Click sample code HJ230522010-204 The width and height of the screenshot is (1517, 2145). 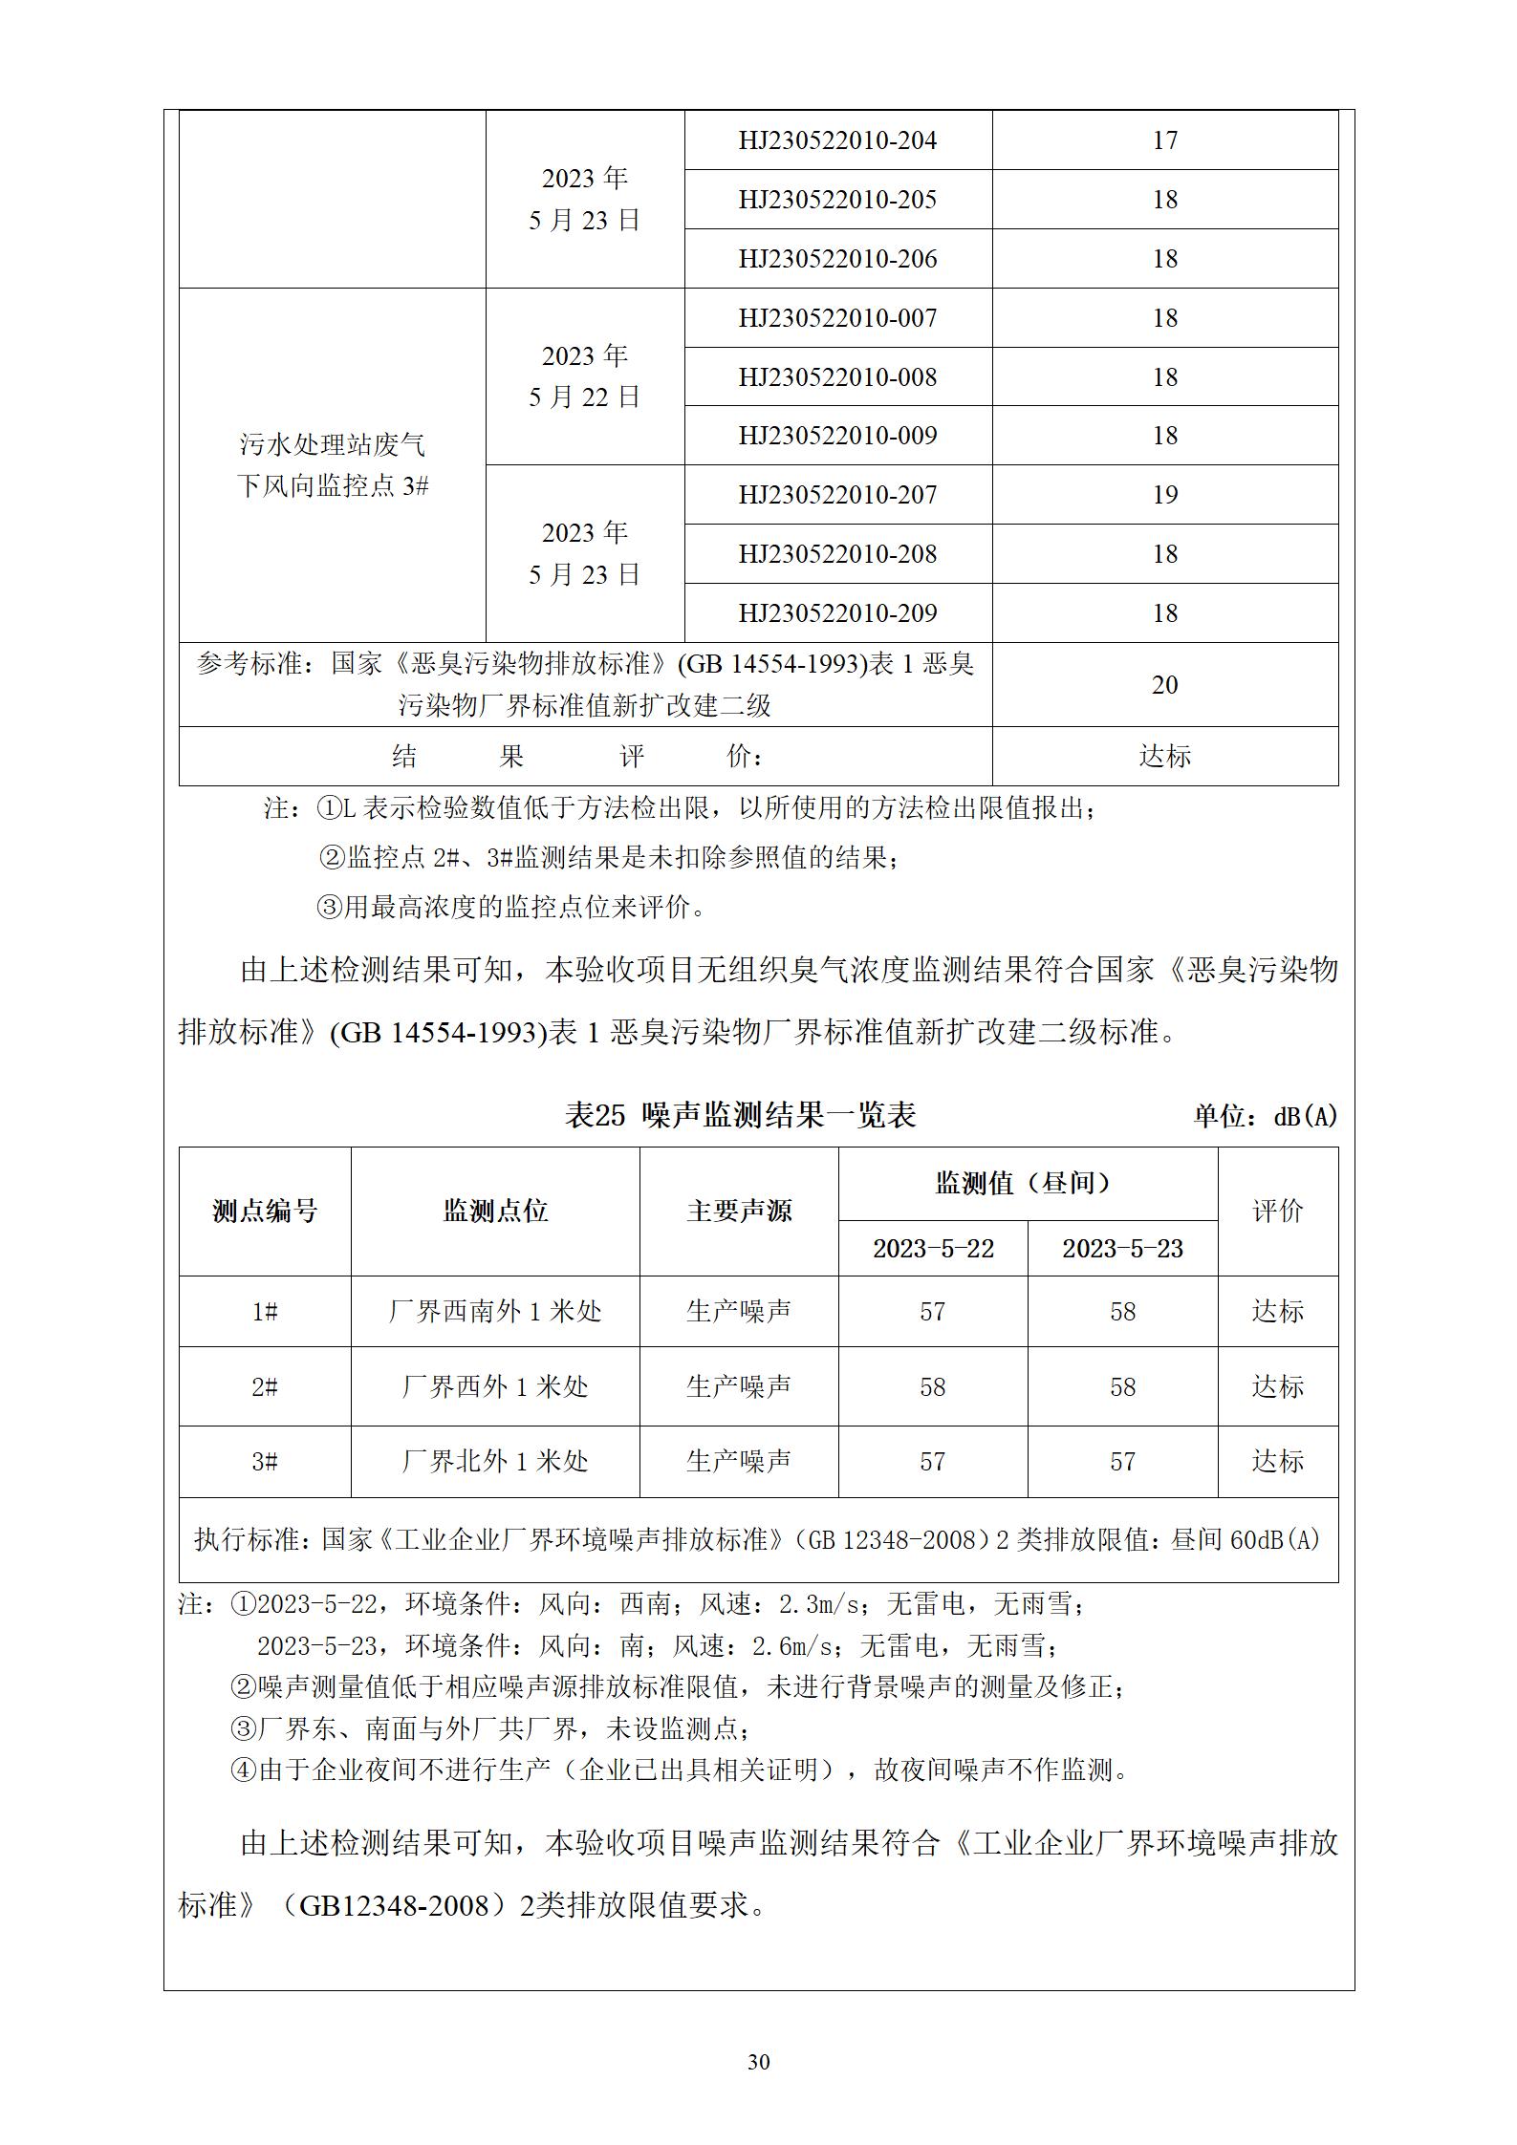837,140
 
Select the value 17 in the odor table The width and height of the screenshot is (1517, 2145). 1164,140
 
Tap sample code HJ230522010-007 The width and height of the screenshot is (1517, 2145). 837,318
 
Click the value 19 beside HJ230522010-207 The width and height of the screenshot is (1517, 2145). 1164,495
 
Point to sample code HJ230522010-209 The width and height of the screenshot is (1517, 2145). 837,613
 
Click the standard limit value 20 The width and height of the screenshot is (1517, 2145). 1164,685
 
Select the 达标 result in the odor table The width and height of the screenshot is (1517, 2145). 1164,757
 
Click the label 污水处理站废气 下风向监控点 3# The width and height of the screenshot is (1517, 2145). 333,465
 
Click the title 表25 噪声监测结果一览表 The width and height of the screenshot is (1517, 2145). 740,1115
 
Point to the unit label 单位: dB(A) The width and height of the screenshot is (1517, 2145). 1265,1116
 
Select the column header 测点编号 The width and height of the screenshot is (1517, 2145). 265,1212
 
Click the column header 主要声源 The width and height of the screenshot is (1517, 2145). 739,1212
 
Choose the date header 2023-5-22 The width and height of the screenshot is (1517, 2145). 933,1249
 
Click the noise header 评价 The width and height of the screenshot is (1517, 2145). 1277,1212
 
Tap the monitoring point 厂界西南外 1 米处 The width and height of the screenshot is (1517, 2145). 495,1312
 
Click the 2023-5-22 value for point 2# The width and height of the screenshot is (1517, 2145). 933,1386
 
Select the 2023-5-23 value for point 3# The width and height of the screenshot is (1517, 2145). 1122,1462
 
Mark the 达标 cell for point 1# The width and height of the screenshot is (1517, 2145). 1277,1312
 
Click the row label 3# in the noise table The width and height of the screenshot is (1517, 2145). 265,1462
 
